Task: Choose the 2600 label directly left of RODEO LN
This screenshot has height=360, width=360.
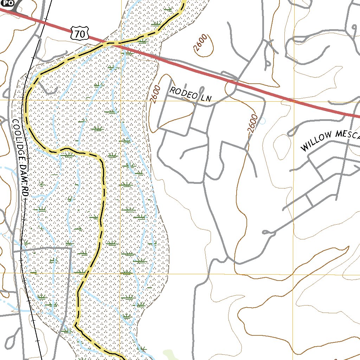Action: pos(155,95)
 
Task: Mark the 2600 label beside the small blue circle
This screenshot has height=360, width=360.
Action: pos(252,124)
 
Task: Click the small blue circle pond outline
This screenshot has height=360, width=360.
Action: pos(263,121)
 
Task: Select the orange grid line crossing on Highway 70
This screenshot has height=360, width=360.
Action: pos(293,101)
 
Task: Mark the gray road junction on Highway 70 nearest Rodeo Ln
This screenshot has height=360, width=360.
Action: pos(230,82)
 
